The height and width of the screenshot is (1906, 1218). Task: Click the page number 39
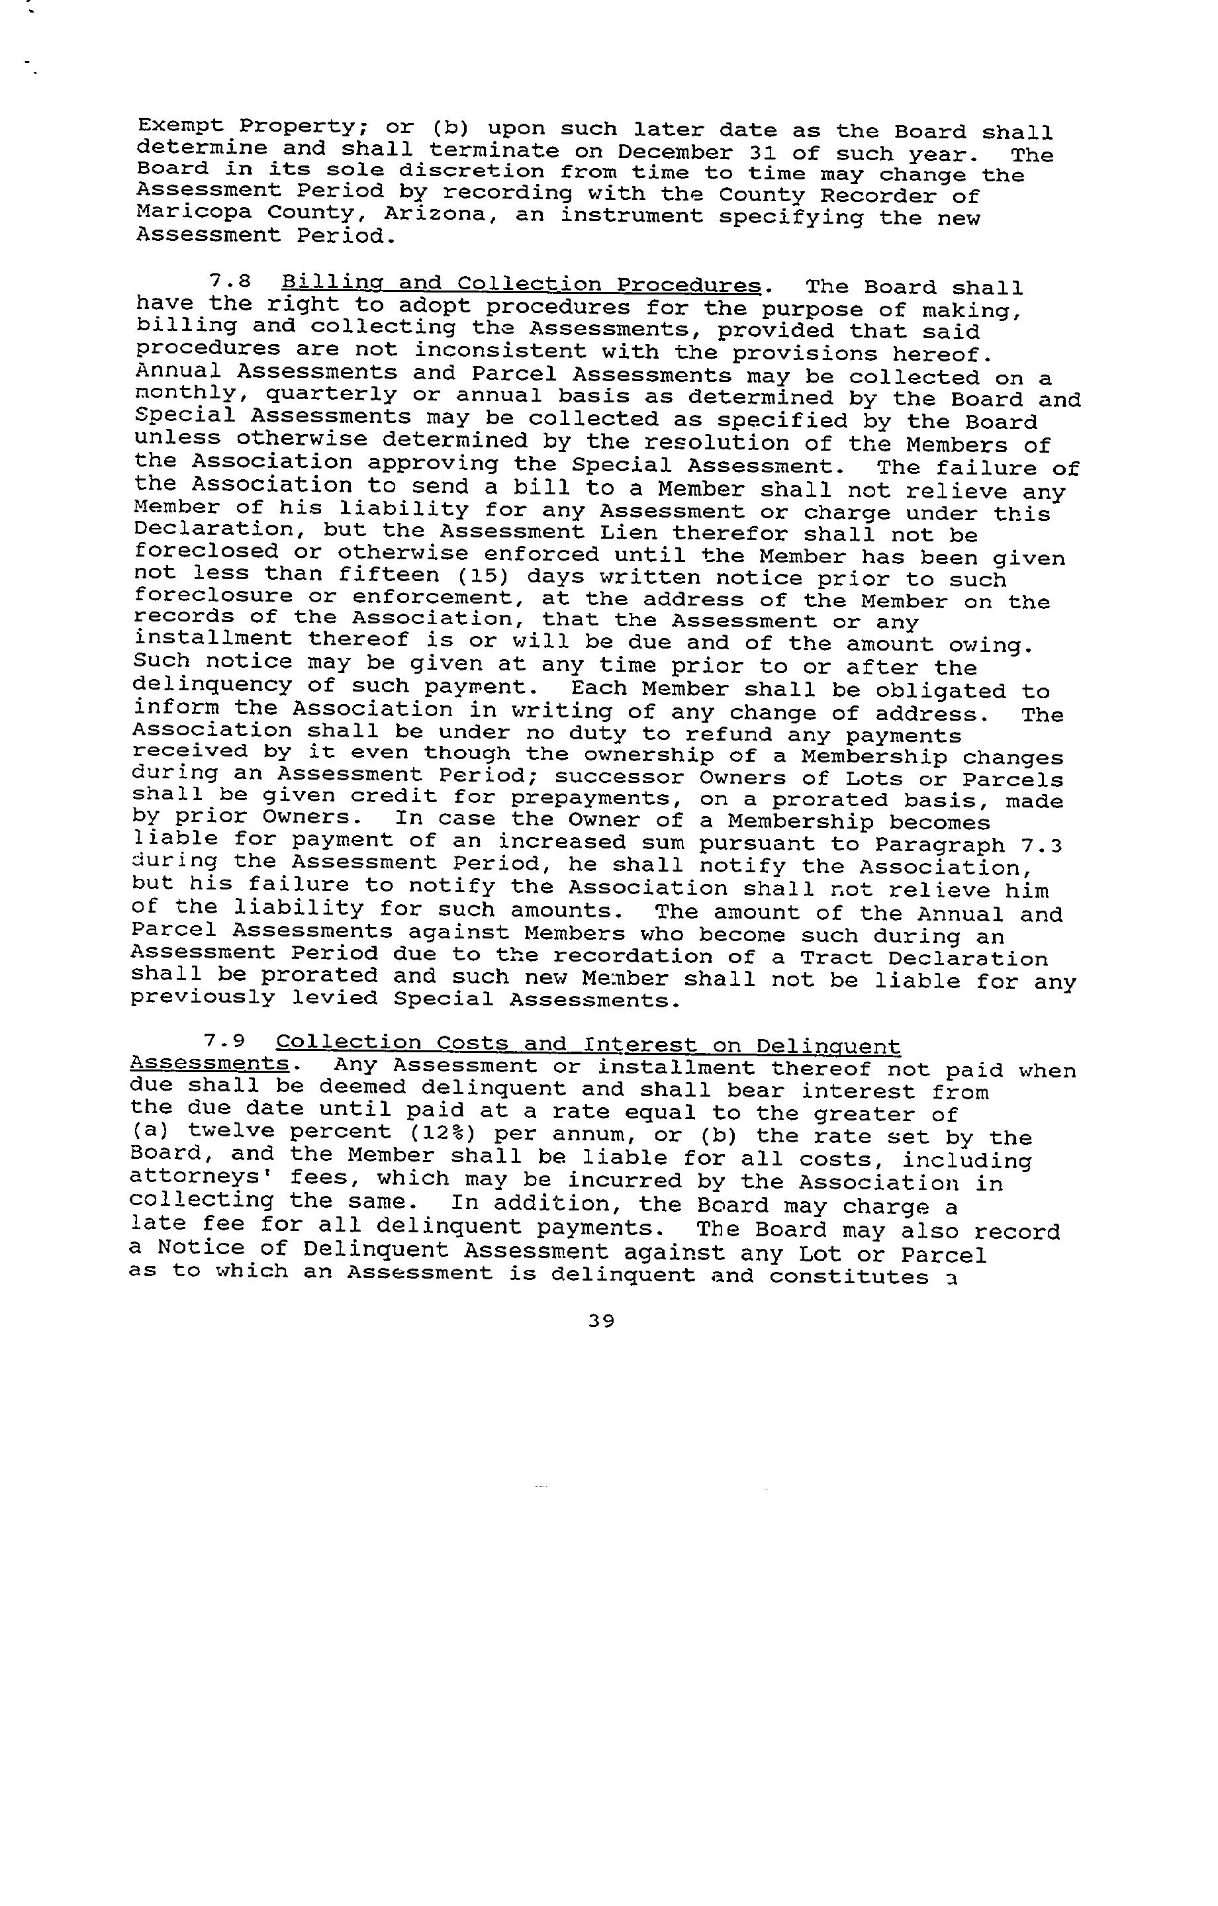(602, 1320)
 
